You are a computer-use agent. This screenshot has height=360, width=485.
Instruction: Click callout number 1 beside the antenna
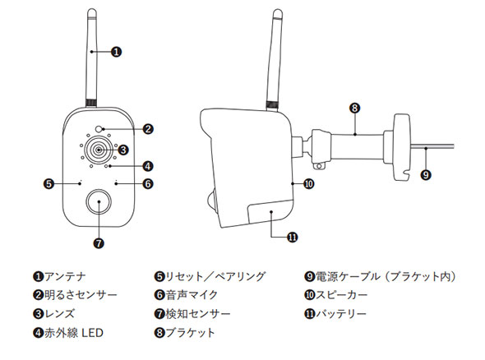point(116,52)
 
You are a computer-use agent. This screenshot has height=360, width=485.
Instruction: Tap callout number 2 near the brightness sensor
point(148,129)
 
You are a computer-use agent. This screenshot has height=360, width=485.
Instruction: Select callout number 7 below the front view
point(99,243)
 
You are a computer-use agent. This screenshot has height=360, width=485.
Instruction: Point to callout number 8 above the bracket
point(355,108)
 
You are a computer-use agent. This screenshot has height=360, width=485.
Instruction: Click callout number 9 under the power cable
point(426,175)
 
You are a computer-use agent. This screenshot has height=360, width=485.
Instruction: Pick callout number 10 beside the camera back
point(309,184)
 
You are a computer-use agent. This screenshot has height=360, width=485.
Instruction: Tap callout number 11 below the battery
point(293,238)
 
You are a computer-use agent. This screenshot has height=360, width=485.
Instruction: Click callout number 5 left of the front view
point(48,184)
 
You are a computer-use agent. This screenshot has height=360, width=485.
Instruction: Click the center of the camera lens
point(98,150)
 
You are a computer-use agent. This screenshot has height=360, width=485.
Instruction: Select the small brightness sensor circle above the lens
point(99,129)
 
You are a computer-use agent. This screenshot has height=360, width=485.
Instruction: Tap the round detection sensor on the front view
point(99,201)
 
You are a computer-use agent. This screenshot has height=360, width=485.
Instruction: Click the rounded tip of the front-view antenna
point(92,12)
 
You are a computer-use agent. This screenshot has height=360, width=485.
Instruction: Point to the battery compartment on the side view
point(270,212)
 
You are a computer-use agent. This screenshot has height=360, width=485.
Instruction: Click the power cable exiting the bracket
point(432,146)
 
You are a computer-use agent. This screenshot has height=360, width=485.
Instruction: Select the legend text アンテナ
point(65,276)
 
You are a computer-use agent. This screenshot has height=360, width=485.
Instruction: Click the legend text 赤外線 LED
point(74,333)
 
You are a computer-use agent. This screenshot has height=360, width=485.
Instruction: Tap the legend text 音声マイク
point(192,295)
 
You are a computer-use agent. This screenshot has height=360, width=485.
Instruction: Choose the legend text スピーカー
point(341,295)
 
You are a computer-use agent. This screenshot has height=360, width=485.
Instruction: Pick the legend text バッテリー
point(341,314)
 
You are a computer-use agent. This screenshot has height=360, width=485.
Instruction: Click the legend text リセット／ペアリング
point(215,276)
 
